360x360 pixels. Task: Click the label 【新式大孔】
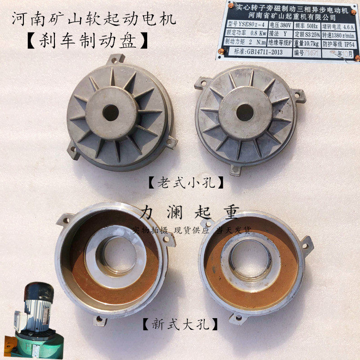point(180,323)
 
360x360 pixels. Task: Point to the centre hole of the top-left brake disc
point(111,112)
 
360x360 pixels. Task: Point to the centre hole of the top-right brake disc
point(244,112)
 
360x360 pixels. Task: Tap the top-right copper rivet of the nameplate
point(355,6)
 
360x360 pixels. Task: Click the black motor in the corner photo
point(40,297)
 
